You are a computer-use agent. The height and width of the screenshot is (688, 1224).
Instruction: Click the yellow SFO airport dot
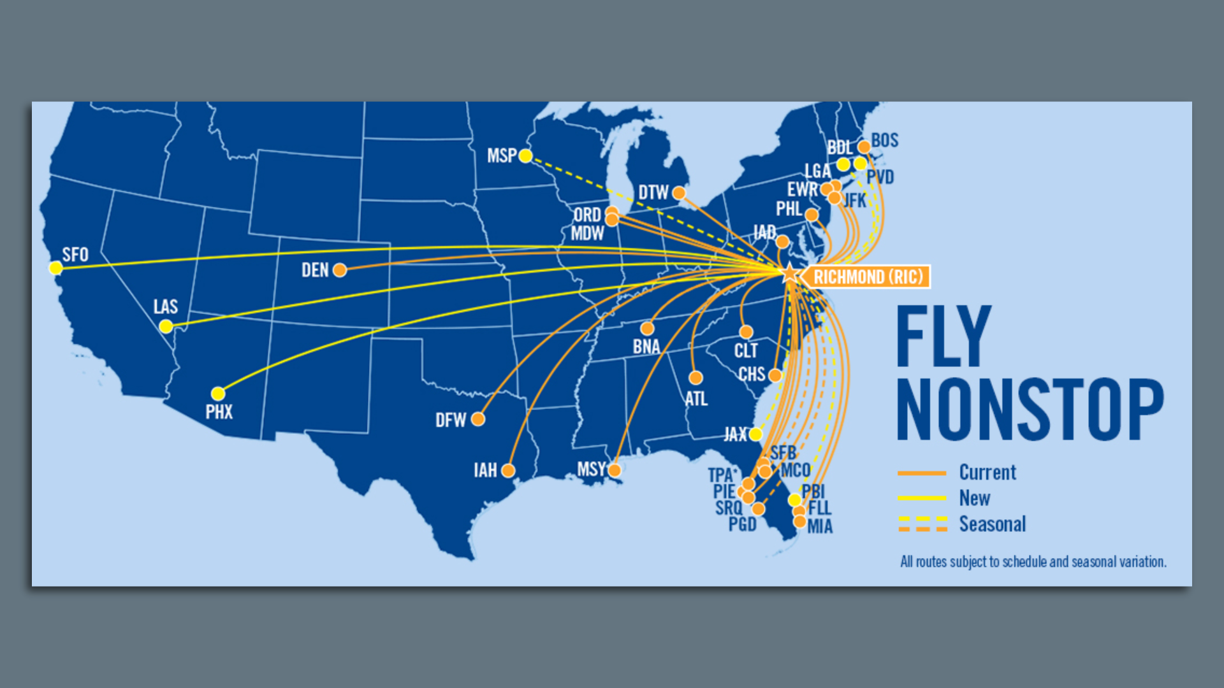[56, 268]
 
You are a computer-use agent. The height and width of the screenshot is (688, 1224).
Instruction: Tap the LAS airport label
[165, 307]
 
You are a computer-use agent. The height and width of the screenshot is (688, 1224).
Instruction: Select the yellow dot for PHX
[218, 394]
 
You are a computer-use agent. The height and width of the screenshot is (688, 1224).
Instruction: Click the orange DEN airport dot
[340, 271]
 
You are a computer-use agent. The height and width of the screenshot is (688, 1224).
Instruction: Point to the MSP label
[502, 156]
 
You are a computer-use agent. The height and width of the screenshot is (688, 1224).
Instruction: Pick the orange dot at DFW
[478, 419]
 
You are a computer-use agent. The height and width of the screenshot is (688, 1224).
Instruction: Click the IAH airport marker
[508, 471]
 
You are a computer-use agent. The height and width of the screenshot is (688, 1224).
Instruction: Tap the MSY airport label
[590, 469]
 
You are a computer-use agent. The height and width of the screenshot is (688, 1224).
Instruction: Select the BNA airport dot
[647, 329]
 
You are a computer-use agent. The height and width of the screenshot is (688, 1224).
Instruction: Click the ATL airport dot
[696, 378]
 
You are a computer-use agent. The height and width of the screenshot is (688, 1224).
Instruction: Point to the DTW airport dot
[679, 193]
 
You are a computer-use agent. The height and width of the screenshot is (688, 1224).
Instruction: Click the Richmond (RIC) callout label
[868, 277]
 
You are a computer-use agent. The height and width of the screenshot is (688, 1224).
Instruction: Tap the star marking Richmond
[790, 274]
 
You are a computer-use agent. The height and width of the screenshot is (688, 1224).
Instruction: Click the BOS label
[885, 141]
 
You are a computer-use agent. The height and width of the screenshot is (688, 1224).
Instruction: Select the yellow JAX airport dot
[755, 434]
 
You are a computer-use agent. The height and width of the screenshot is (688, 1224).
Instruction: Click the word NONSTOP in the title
[1030, 410]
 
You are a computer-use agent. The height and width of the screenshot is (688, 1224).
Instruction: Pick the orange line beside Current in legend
[921, 473]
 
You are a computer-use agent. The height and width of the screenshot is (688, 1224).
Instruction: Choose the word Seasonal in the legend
[993, 524]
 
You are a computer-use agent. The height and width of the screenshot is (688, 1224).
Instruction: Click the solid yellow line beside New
[921, 498]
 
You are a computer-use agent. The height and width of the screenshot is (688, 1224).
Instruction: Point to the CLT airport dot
[746, 332]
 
